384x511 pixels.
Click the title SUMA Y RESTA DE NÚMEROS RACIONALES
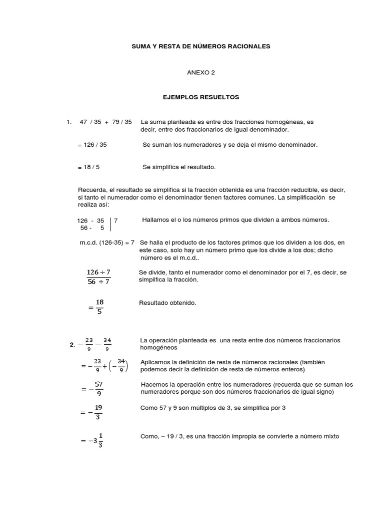point(200,46)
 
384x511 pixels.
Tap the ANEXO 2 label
point(200,72)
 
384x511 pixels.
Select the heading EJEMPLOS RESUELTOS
point(201,97)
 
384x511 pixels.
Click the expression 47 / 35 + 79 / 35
point(105,122)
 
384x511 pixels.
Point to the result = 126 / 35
point(92,145)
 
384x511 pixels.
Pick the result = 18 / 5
point(89,167)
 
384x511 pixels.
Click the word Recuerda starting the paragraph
point(91,190)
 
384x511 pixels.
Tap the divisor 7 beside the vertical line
point(116,220)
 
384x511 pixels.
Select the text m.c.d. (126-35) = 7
point(106,243)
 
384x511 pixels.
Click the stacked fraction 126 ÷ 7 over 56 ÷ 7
point(98,277)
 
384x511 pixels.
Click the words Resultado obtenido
point(167,303)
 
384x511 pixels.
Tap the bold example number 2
point(72,344)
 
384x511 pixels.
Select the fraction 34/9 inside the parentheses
point(121,367)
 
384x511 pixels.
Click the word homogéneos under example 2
point(159,347)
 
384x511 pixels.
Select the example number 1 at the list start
point(67,122)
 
